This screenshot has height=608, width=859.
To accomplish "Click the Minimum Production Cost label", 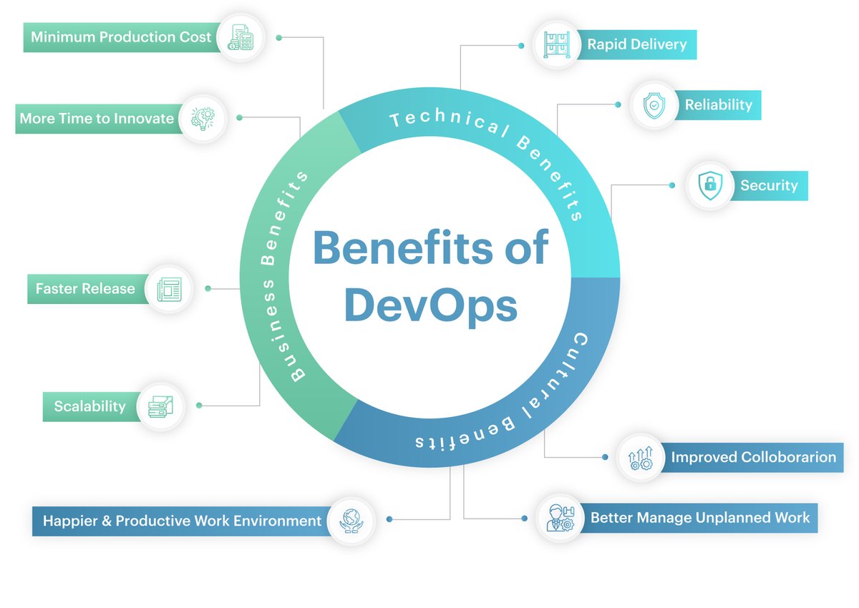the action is pyautogui.click(x=121, y=36).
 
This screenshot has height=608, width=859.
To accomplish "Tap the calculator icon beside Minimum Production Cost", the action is pyautogui.click(x=240, y=37).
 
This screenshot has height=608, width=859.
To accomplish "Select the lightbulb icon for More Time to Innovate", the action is pyautogui.click(x=202, y=118).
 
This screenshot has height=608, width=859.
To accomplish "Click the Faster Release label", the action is pyautogui.click(x=85, y=289).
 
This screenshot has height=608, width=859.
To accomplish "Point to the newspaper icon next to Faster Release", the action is pyautogui.click(x=169, y=289).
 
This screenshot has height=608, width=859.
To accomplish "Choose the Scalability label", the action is pyautogui.click(x=89, y=406).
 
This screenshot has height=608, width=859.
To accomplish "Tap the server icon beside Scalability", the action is pyautogui.click(x=160, y=406).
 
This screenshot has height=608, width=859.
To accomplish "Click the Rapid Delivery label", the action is pyautogui.click(x=636, y=44).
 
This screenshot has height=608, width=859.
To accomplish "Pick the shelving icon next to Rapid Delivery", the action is pyautogui.click(x=557, y=44).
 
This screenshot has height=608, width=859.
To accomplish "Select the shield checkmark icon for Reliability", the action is pyautogui.click(x=654, y=106).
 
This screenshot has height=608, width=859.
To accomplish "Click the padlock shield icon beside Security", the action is pyautogui.click(x=709, y=185).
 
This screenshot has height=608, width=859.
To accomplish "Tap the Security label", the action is pyautogui.click(x=769, y=185).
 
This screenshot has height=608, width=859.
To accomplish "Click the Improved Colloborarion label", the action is pyautogui.click(x=753, y=457).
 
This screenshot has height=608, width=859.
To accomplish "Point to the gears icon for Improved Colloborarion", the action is pyautogui.click(x=640, y=458).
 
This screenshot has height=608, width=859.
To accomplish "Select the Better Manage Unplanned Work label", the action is pyautogui.click(x=700, y=517).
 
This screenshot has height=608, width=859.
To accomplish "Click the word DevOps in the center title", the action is pyautogui.click(x=431, y=305).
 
